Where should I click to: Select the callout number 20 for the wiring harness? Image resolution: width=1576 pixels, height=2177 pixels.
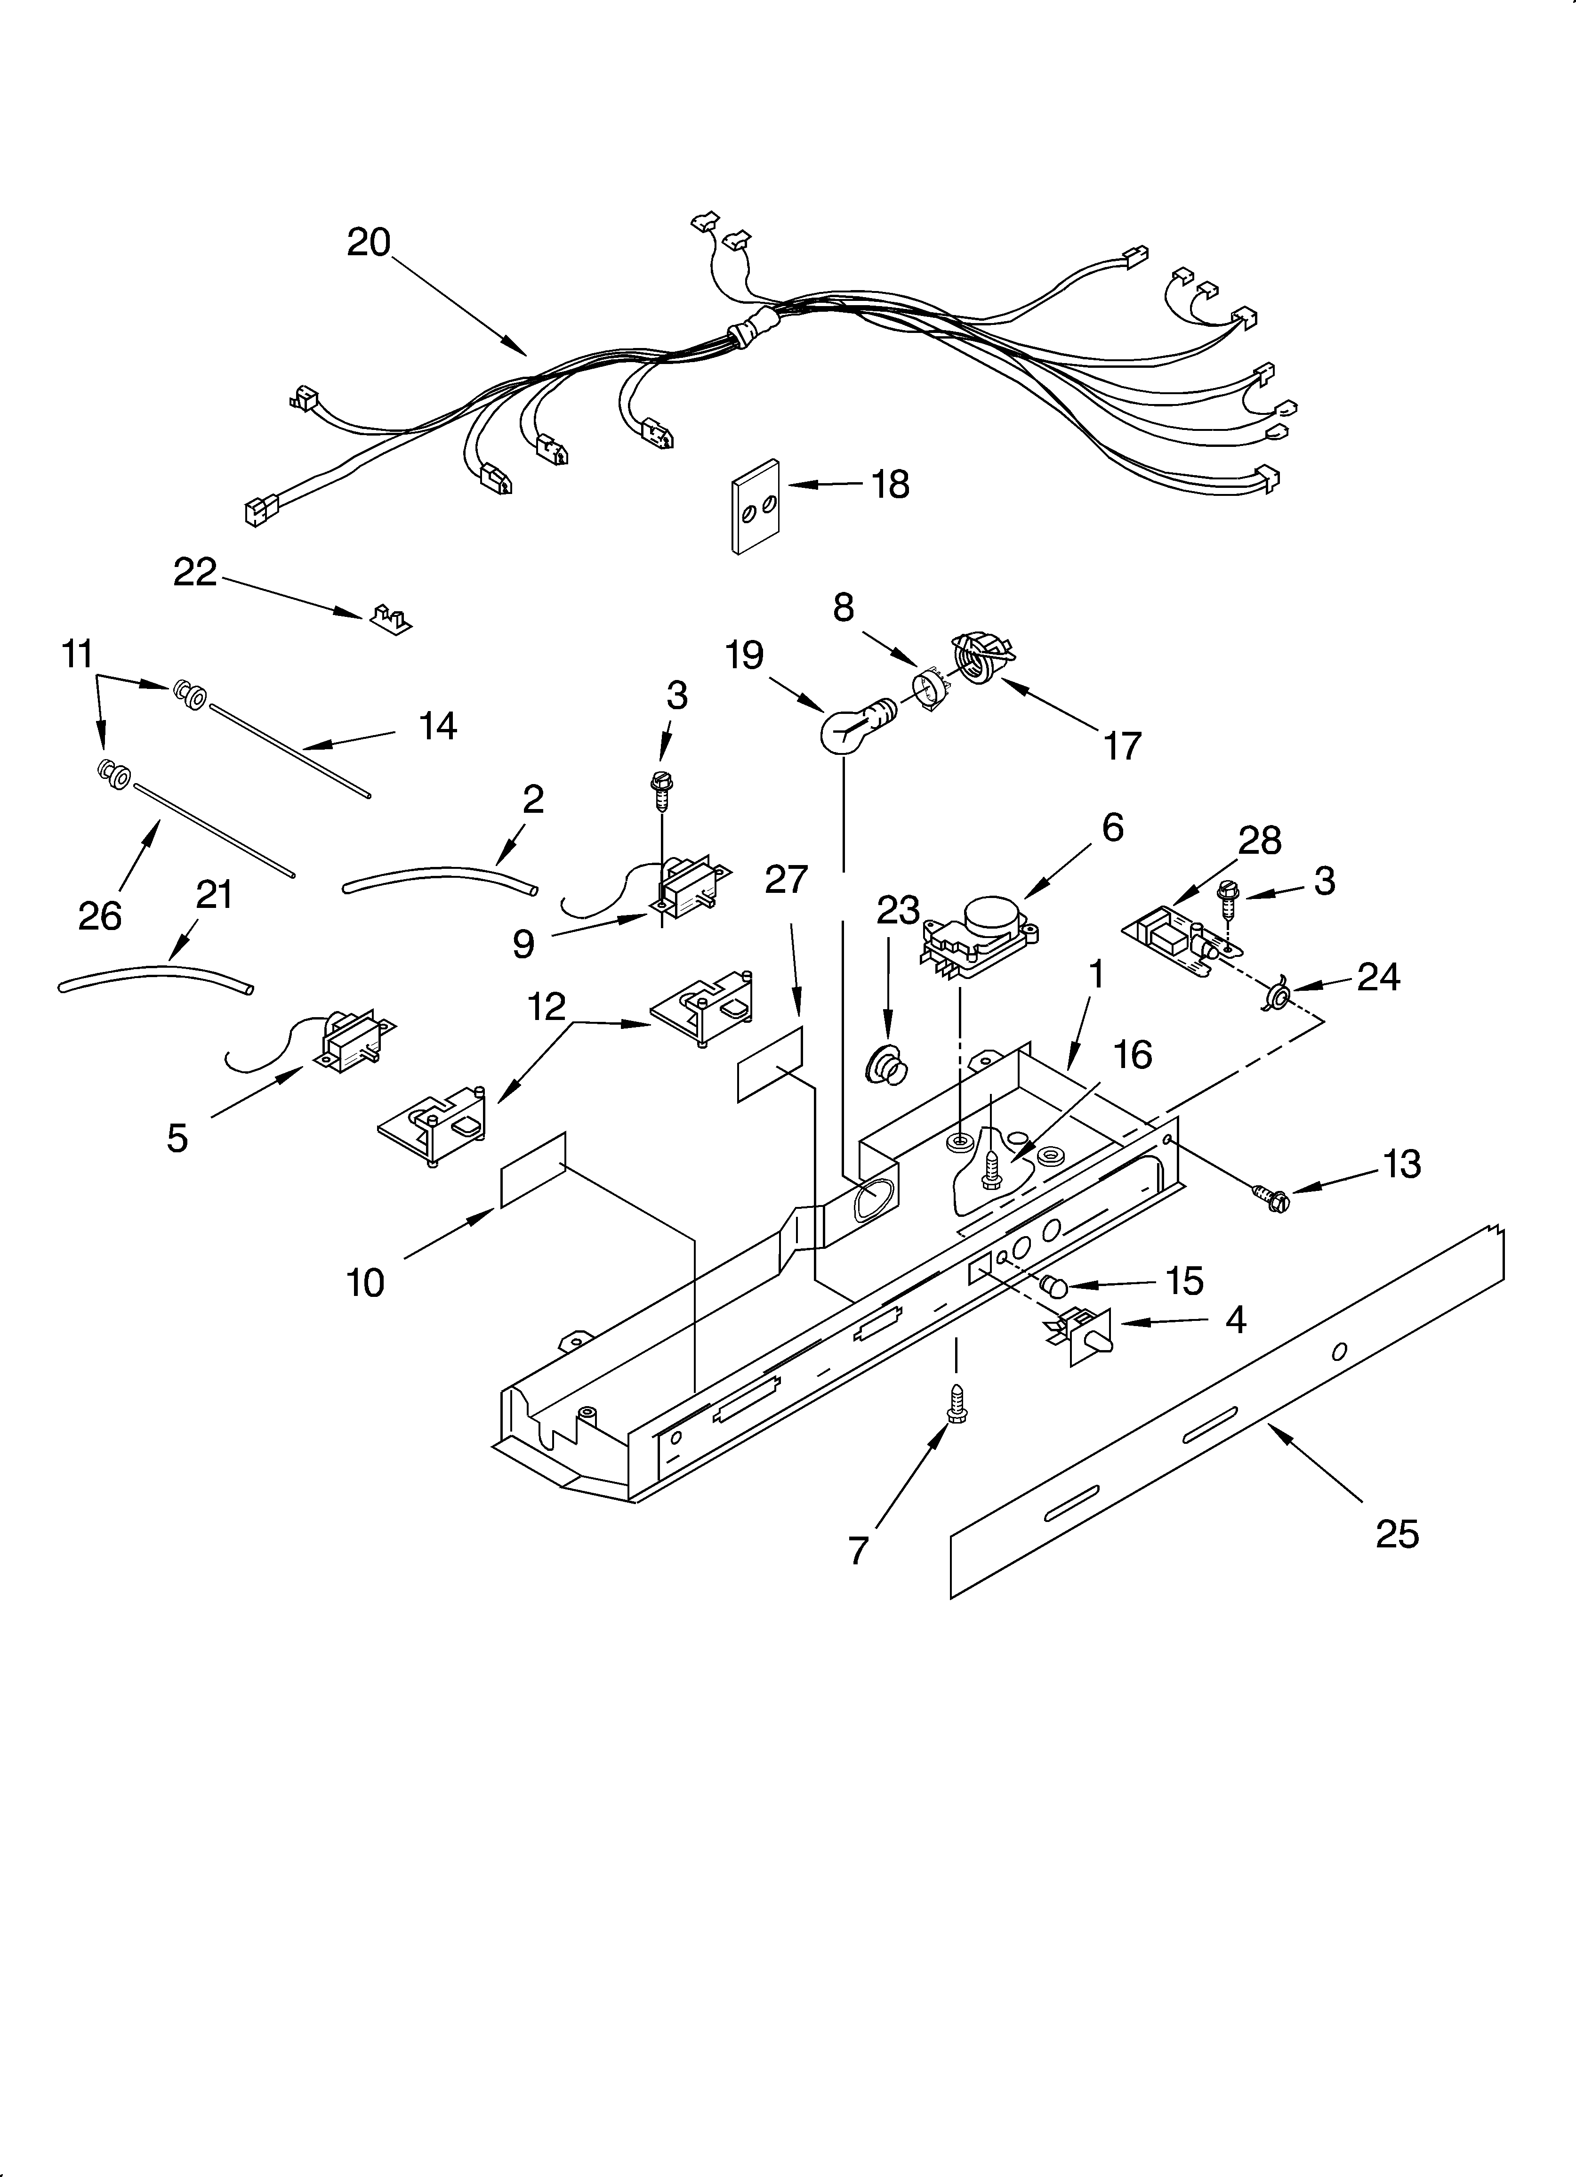369,242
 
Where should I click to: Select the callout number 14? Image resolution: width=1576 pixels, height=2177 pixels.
438,727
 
